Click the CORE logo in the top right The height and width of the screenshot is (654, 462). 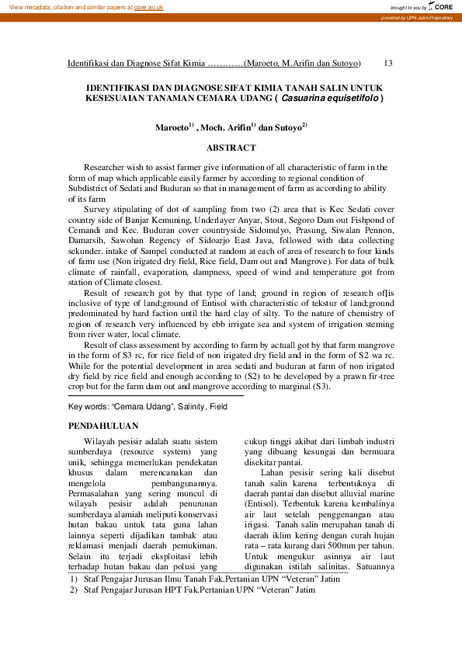coord(442,6)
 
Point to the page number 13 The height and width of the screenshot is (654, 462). coord(389,62)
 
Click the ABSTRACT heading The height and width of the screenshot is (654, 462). coord(231,148)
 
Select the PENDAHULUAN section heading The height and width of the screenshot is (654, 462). coord(103,426)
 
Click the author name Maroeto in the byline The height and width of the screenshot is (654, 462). coord(171,126)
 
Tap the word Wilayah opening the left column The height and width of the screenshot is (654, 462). coord(99,441)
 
